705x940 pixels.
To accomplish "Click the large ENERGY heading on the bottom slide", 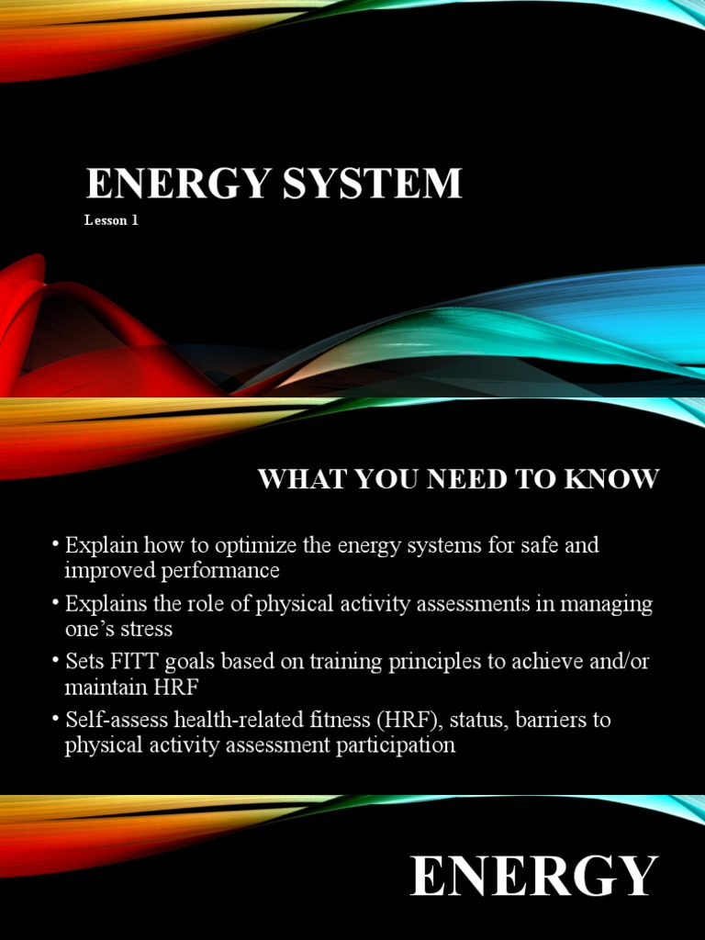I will click(x=534, y=876).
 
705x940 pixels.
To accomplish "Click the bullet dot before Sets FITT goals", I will click(x=56, y=661).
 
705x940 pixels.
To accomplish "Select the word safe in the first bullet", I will click(x=526, y=545).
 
